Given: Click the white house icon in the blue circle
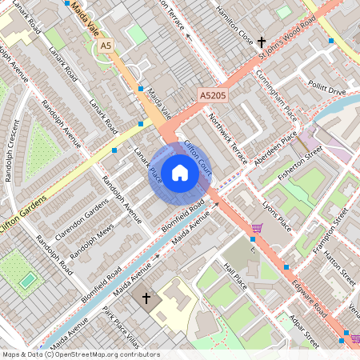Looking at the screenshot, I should coord(180,171).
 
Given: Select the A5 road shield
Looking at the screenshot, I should coord(106,46).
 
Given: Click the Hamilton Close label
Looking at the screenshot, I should coord(235,23).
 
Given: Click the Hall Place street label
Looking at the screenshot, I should coord(236,277).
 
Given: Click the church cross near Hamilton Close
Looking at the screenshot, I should coord(262,40).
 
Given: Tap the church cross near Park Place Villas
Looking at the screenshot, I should coord(146,298).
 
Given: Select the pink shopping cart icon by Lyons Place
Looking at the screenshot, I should coord(257,229).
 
